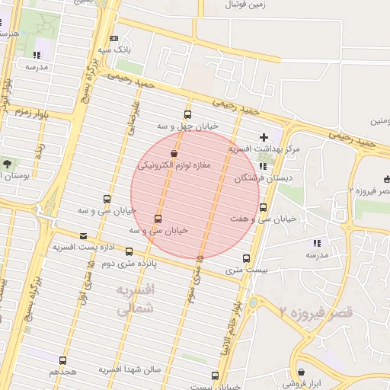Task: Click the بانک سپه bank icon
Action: (x=114, y=38)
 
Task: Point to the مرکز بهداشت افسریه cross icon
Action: (x=264, y=138)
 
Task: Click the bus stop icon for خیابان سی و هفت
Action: (x=264, y=206)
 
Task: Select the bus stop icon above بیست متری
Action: (x=246, y=257)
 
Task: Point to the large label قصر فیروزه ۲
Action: (x=316, y=312)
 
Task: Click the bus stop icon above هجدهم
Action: (x=62, y=360)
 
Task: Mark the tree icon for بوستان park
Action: (x=7, y=164)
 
